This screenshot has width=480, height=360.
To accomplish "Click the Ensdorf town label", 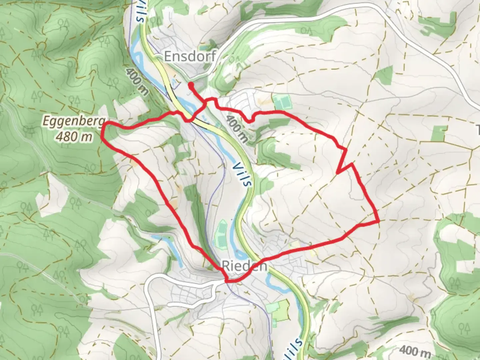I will (x=190, y=56).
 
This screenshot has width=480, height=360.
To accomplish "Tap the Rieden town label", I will (x=244, y=266).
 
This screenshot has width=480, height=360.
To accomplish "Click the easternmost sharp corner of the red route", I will (x=379, y=221).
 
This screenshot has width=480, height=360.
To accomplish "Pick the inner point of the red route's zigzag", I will (x=338, y=173).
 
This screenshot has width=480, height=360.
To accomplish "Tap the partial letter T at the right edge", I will (x=478, y=129).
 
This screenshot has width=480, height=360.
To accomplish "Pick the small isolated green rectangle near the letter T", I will (x=439, y=133).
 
